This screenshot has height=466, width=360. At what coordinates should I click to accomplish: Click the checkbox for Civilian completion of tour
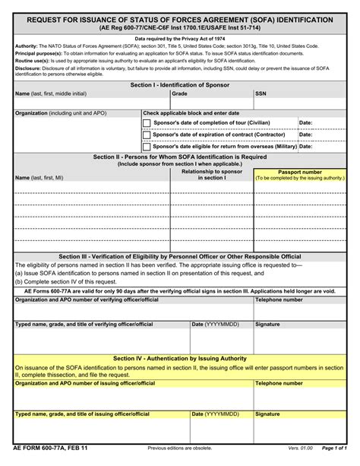147,123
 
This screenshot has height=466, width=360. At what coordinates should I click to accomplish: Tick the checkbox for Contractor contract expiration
147,135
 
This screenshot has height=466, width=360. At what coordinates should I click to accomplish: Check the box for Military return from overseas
147,147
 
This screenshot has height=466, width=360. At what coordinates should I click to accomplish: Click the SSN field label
261,94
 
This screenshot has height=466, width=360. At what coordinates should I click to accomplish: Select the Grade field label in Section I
179,94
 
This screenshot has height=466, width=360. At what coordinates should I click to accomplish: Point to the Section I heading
180,85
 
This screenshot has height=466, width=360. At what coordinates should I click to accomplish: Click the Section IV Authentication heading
180,357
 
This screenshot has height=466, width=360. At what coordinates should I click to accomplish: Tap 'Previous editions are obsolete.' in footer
180,449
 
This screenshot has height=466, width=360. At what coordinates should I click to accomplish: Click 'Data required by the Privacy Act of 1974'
180,38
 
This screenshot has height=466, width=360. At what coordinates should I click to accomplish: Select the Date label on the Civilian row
305,122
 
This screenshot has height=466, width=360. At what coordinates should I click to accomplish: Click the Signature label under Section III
267,324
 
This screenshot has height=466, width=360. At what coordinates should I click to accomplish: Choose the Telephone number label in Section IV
279,384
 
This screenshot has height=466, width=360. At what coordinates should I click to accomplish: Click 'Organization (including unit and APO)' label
61,113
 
